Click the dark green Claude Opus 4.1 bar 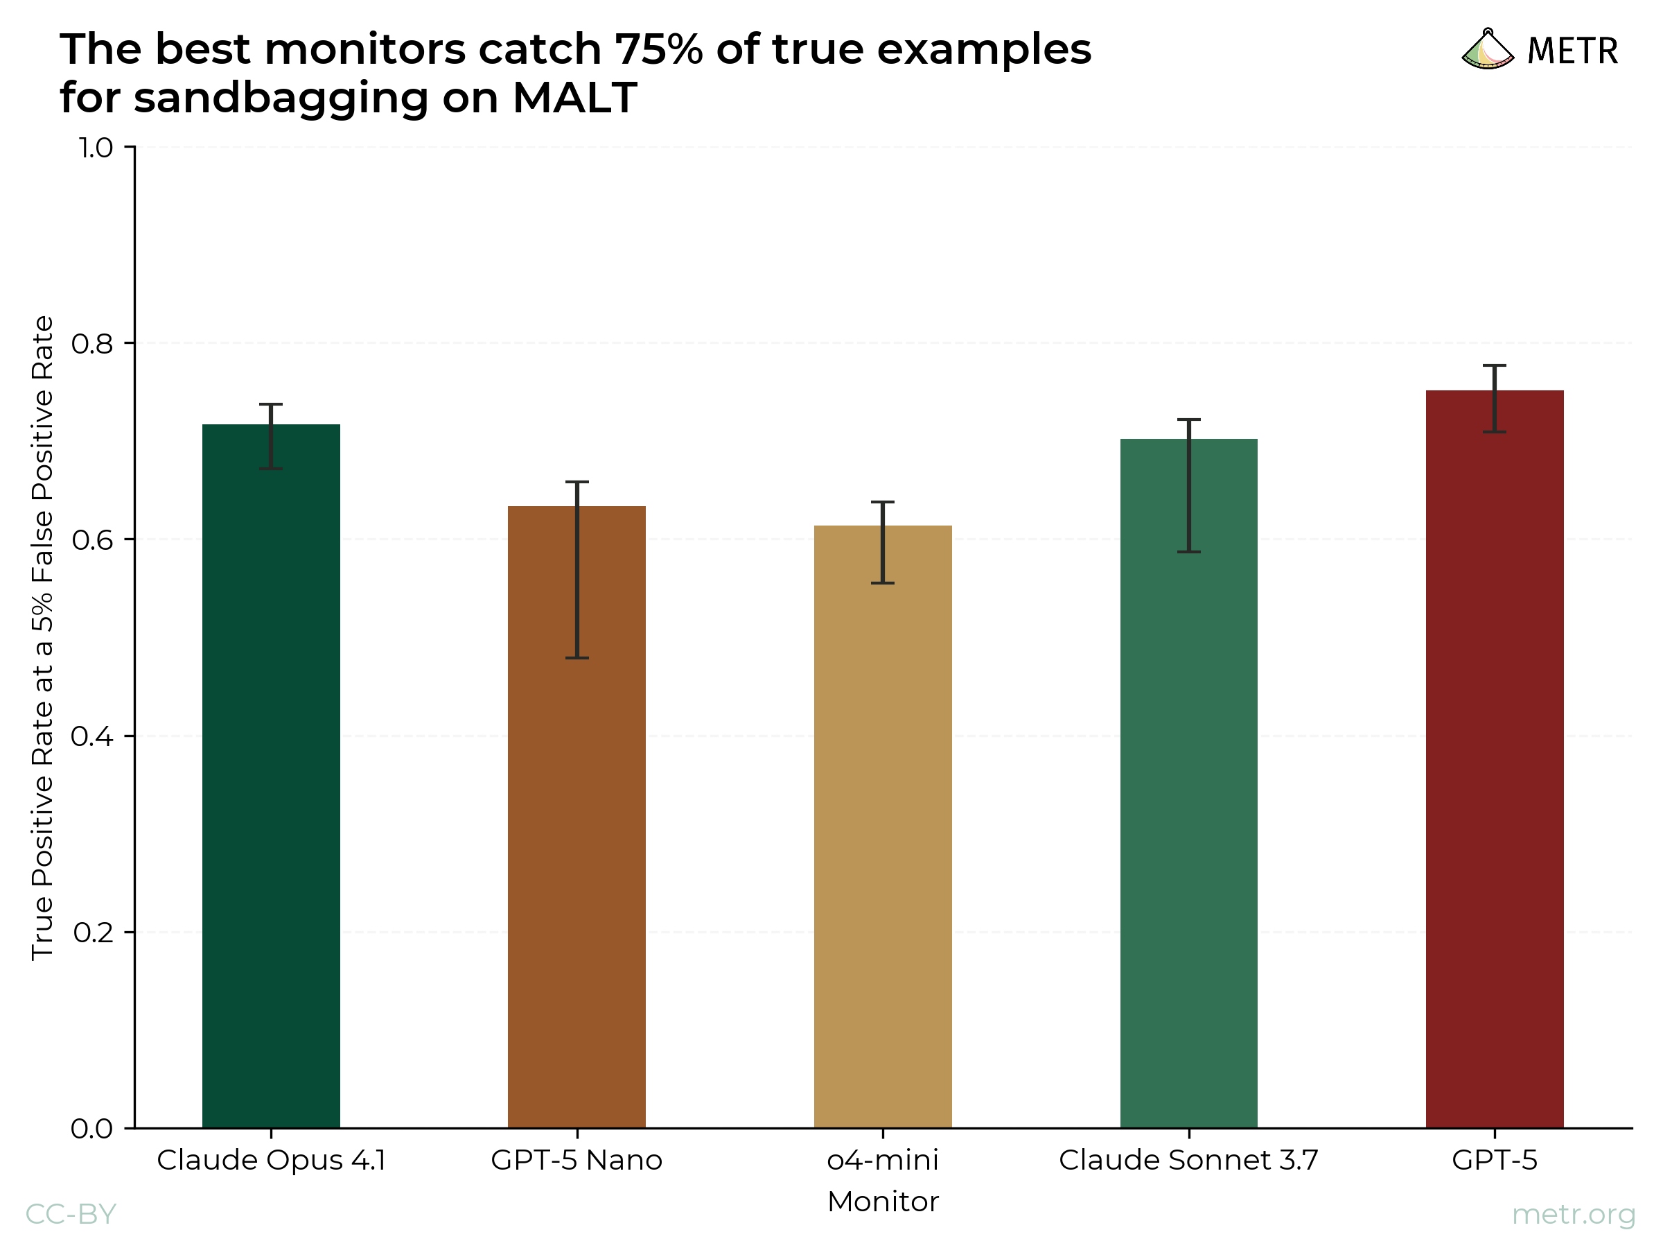click(x=271, y=775)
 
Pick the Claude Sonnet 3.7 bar click(x=1188, y=782)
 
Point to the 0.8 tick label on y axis click(x=91, y=344)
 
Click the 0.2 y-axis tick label click(x=92, y=933)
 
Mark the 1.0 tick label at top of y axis click(x=96, y=148)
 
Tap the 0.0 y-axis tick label click(x=91, y=1128)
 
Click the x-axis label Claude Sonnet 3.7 click(x=1188, y=1160)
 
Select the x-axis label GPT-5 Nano click(x=577, y=1160)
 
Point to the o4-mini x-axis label click(x=883, y=1160)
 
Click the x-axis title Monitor click(x=883, y=1202)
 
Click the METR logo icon click(x=1487, y=50)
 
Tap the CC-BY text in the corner click(x=71, y=1214)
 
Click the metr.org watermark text click(x=1574, y=1214)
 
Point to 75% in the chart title click(x=658, y=50)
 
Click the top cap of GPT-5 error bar click(x=1495, y=365)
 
